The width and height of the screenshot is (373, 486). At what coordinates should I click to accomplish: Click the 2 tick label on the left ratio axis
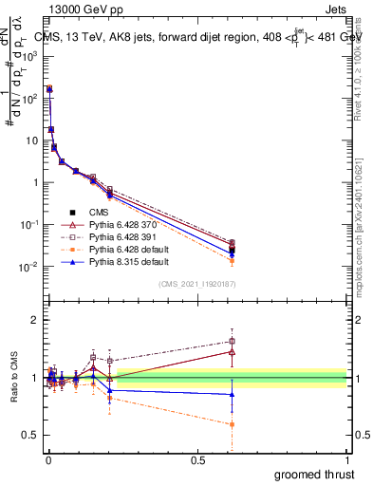33,320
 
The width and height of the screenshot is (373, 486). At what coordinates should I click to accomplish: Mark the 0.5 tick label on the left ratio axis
29,435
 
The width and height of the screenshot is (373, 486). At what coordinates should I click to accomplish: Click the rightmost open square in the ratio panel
233,341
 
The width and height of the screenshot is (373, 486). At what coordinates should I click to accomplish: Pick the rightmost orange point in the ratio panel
233,424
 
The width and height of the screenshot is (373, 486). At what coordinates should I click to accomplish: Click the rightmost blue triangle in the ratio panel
233,394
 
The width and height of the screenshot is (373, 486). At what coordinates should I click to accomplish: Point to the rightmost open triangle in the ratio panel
233,351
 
